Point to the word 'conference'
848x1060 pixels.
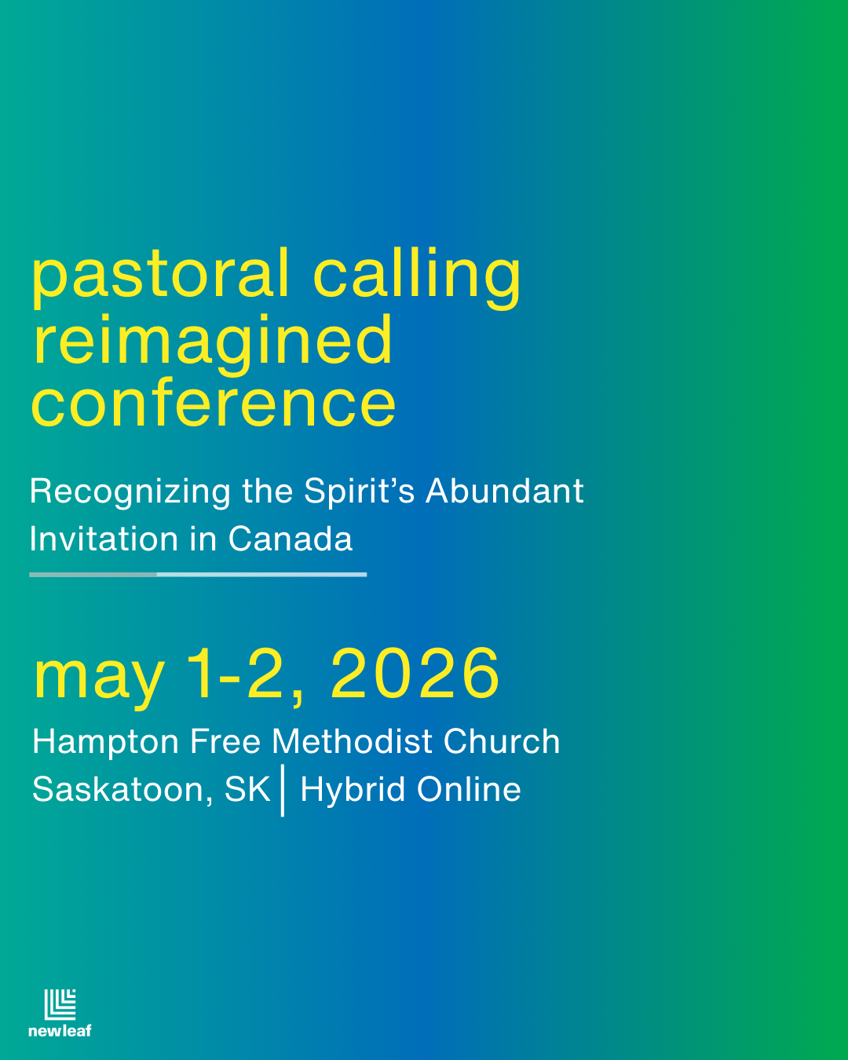(214, 404)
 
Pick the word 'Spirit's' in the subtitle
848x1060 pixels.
(359, 492)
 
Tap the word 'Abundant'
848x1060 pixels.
(505, 492)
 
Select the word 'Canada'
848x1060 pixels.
(291, 539)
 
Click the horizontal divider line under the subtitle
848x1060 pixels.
(198, 575)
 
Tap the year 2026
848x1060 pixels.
(415, 674)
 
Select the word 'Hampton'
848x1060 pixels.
(106, 743)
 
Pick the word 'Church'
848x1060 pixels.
(502, 742)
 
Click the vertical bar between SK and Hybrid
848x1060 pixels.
(283, 792)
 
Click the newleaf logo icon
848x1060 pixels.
(60, 1005)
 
